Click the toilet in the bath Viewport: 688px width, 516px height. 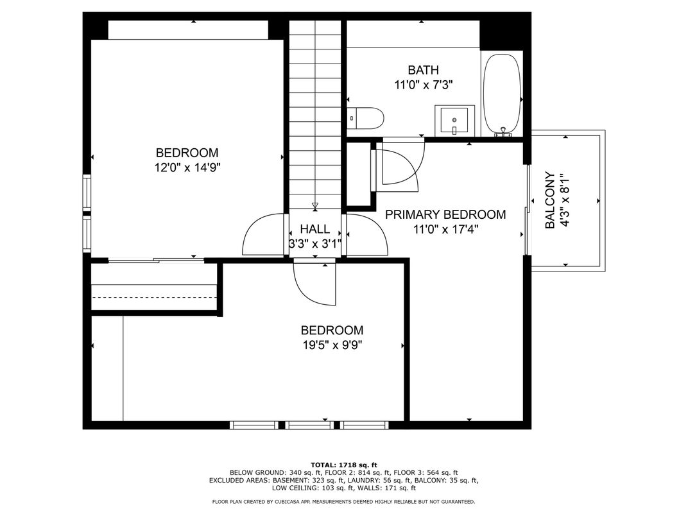366,118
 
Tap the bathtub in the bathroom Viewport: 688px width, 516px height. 502,94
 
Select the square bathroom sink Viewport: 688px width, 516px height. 454,120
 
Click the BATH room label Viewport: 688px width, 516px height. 423,70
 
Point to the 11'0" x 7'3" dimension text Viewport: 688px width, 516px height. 423,85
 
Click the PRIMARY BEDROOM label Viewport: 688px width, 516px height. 445,214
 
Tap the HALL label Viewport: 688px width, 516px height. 315,228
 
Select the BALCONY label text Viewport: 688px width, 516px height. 550,200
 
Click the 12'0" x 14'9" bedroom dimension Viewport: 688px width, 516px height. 187,167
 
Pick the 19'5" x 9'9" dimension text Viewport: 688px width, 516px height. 332,345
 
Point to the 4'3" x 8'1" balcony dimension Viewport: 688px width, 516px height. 564,200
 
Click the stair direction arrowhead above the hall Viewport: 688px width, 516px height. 314,205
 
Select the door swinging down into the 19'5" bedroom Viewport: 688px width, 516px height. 315,284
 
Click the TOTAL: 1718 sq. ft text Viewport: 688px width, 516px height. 344,465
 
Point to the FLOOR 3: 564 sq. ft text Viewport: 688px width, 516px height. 426,472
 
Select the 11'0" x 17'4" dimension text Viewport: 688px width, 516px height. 445,229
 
